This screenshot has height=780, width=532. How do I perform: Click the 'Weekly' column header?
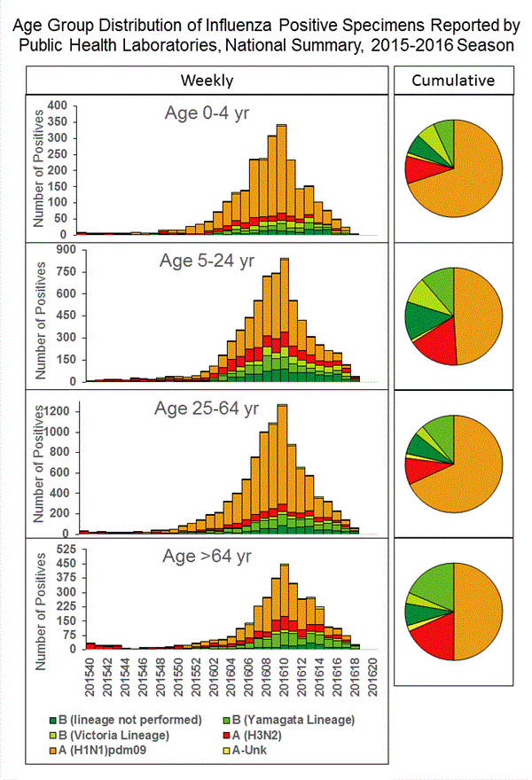207,80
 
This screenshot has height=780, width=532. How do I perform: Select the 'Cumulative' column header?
453,80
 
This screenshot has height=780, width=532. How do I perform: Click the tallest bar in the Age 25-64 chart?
283,461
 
